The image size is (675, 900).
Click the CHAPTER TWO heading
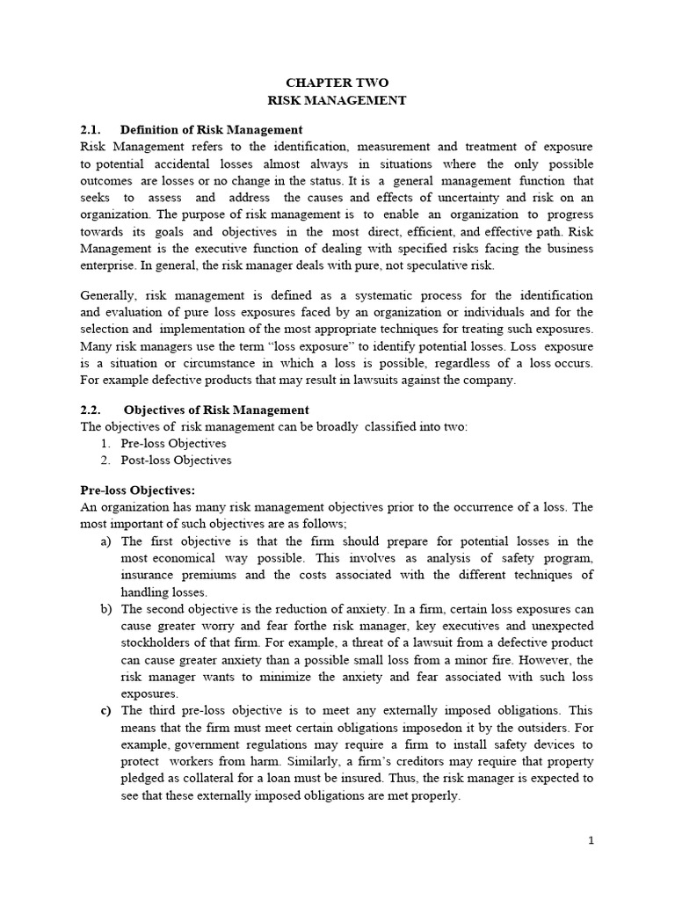[337, 83]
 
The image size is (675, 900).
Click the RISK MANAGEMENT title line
[337, 100]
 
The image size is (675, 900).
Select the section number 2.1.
[91, 129]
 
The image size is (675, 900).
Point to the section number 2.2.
[91, 410]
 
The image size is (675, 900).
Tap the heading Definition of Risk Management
[211, 129]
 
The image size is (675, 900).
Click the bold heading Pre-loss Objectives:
[137, 490]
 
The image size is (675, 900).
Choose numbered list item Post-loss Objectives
[176, 460]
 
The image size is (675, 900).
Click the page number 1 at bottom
[592, 840]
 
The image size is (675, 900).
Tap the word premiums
[199, 575]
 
